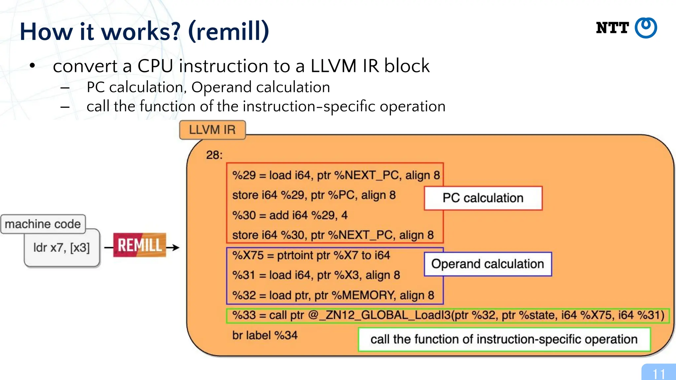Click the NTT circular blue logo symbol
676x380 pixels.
pyautogui.click(x=646, y=28)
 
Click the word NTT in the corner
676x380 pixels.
pyautogui.click(x=612, y=28)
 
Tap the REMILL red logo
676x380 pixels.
pyautogui.click(x=140, y=245)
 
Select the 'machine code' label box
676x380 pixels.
pyautogui.click(x=43, y=224)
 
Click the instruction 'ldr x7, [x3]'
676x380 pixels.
pyautogui.click(x=62, y=247)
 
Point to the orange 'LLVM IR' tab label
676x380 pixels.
pyautogui.click(x=212, y=130)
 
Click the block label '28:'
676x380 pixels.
pyautogui.click(x=214, y=155)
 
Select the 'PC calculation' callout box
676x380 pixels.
pyautogui.click(x=483, y=198)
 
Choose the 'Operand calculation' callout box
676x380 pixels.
pyautogui.click(x=488, y=264)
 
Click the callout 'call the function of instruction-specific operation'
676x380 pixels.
pyautogui.click(x=504, y=339)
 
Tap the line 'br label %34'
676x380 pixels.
pyautogui.click(x=265, y=335)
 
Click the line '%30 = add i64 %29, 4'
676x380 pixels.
pyautogui.click(x=290, y=215)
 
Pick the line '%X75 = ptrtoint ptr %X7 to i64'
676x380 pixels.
pyautogui.click(x=311, y=255)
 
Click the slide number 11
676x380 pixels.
pyautogui.click(x=659, y=374)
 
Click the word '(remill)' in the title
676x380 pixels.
pyautogui.click(x=228, y=31)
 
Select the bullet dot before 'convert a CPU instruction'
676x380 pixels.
pyautogui.click(x=32, y=66)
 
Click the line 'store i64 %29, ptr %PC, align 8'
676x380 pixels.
pyautogui.click(x=314, y=195)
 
